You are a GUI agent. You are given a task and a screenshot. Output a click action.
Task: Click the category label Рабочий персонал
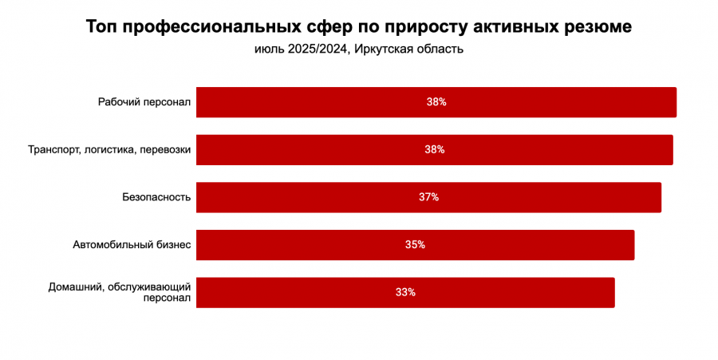[144, 102]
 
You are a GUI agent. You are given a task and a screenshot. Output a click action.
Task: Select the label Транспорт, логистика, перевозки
[109, 149]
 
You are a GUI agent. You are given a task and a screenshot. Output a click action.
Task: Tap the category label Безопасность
[156, 197]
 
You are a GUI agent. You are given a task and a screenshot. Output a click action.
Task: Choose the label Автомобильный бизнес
[132, 245]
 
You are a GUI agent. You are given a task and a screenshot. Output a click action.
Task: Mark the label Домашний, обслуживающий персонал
[120, 292]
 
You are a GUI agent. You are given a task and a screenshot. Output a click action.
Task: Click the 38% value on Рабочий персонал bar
[436, 102]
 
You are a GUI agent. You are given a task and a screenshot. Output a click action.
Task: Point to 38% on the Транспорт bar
[435, 149]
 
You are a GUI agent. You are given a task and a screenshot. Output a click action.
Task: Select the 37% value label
[428, 197]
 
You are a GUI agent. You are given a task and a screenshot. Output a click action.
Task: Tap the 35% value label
[415, 245]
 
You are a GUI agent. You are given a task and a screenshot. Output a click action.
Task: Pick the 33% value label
[405, 292]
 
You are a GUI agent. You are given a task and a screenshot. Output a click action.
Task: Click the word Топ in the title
[101, 27]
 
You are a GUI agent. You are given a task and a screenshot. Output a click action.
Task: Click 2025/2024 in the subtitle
[314, 49]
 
